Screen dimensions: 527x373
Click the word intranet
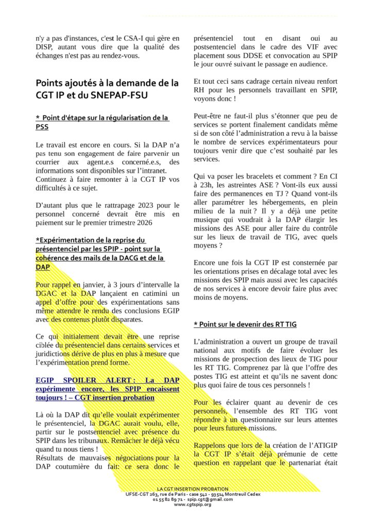[155, 171]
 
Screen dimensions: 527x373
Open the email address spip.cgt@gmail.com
[205, 499]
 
